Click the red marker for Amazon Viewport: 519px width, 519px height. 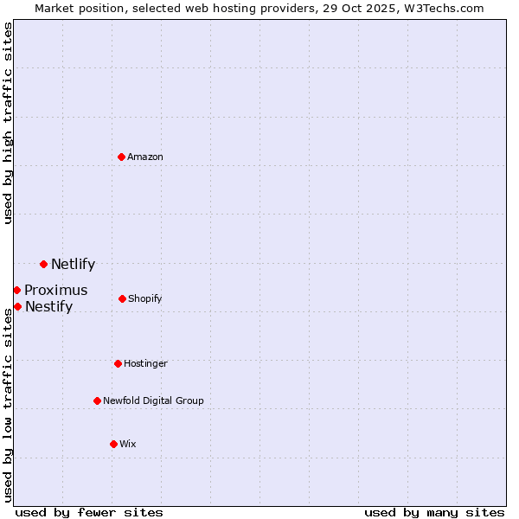[122, 157]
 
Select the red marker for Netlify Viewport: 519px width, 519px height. [43, 264]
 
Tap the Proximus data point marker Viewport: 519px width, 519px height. [16, 290]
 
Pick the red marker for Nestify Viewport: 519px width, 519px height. [17, 306]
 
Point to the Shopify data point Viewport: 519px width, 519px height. [122, 298]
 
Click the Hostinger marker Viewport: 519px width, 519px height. [118, 363]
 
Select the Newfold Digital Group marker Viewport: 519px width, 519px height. [97, 400]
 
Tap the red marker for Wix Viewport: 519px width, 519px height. [113, 444]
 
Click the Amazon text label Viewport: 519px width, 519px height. [145, 157]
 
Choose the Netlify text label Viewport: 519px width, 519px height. [73, 265]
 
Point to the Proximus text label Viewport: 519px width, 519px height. [55, 291]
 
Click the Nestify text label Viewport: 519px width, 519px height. [48, 307]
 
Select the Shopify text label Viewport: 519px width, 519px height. [144, 298]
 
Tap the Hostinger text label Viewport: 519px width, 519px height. [145, 363]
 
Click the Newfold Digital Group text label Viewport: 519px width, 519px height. [153, 400]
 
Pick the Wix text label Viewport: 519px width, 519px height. [128, 444]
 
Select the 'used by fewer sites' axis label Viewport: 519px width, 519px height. [89, 512]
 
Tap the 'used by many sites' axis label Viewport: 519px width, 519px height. [434, 512]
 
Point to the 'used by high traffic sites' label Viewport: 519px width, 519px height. [8, 124]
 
